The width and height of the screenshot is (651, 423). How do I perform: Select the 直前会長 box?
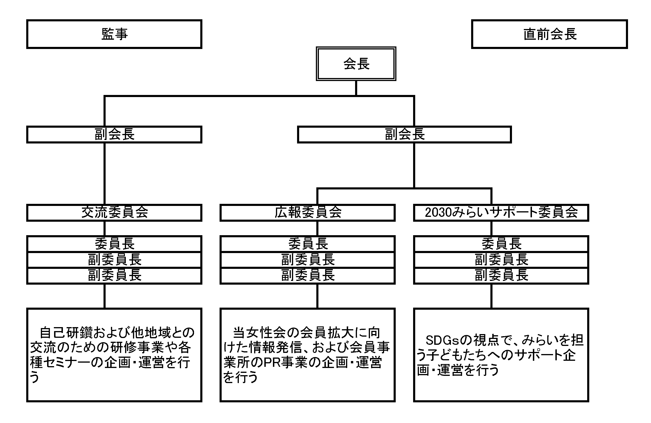(x=549, y=34)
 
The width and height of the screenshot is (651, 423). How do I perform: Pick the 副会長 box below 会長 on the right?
(x=404, y=134)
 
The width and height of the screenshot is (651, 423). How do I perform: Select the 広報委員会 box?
(x=308, y=213)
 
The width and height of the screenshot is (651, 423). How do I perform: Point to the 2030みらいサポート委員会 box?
(x=501, y=213)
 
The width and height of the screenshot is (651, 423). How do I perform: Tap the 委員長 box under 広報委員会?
(x=308, y=244)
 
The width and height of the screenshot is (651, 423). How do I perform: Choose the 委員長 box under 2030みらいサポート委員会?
(x=501, y=244)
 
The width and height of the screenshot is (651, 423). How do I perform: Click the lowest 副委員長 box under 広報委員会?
(x=308, y=275)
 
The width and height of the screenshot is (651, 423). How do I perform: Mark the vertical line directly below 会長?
(x=356, y=88)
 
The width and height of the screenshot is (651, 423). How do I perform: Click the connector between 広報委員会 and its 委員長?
(x=317, y=228)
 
